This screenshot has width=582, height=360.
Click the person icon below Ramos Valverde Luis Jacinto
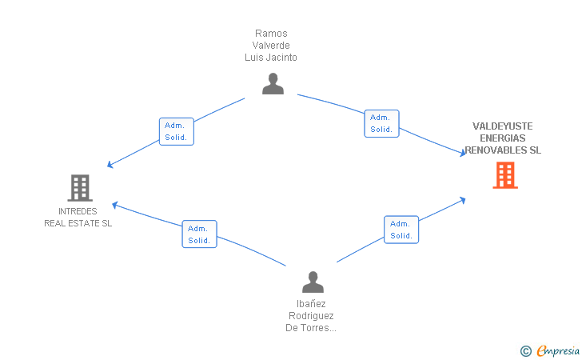coord(273,83)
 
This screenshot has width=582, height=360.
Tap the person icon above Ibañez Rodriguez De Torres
coord(313,282)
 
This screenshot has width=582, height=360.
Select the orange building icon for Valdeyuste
coord(505,175)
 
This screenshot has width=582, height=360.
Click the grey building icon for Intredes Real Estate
coord(80,188)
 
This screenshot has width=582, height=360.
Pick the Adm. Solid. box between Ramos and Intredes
coord(177,131)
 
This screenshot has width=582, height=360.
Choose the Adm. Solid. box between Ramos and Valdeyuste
coord(381,123)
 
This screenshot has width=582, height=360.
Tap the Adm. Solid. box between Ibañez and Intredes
coord(199,234)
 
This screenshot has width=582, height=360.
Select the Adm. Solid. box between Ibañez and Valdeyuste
coord(401,230)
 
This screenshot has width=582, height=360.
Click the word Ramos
coord(271,34)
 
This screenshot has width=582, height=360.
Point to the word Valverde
coord(271,46)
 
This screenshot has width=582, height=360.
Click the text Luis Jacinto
coord(271,58)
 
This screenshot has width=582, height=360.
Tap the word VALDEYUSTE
coord(503,126)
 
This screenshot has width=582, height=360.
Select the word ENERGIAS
coord(503,138)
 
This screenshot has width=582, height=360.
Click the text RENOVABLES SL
coord(503,150)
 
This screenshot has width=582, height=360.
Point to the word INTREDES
coord(78,211)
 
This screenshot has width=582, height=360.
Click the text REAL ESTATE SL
coord(78,223)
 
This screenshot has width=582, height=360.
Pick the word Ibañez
coord(311,304)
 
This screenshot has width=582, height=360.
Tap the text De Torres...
coord(307,328)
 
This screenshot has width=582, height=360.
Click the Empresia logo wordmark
coord(558,351)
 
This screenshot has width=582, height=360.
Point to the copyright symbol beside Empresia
coord(526,351)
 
